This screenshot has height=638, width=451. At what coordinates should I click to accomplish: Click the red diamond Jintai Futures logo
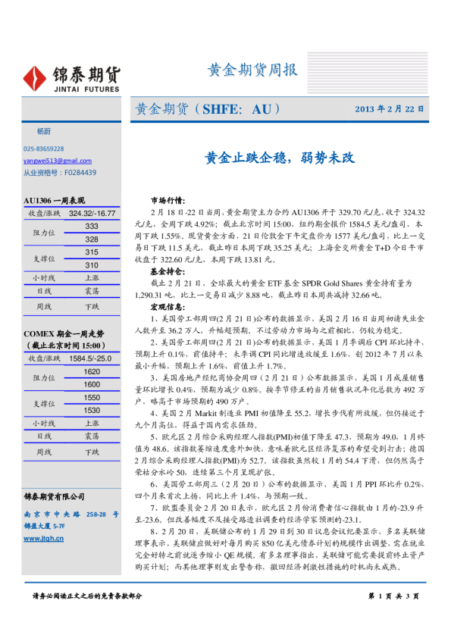(x=36, y=77)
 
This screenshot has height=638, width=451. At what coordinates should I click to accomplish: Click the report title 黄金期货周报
(x=252, y=70)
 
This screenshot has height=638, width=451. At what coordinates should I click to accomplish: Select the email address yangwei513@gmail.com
(x=57, y=161)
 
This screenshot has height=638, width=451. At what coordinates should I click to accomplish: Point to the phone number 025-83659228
(x=44, y=149)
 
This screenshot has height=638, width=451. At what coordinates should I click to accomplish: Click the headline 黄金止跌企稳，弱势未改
(x=280, y=158)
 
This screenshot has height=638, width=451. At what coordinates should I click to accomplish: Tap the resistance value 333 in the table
(x=91, y=227)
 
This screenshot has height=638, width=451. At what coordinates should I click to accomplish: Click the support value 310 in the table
(x=91, y=265)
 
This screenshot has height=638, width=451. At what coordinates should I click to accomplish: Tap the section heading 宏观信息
(x=167, y=307)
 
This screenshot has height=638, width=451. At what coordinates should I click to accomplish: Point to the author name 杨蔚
(x=38, y=131)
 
